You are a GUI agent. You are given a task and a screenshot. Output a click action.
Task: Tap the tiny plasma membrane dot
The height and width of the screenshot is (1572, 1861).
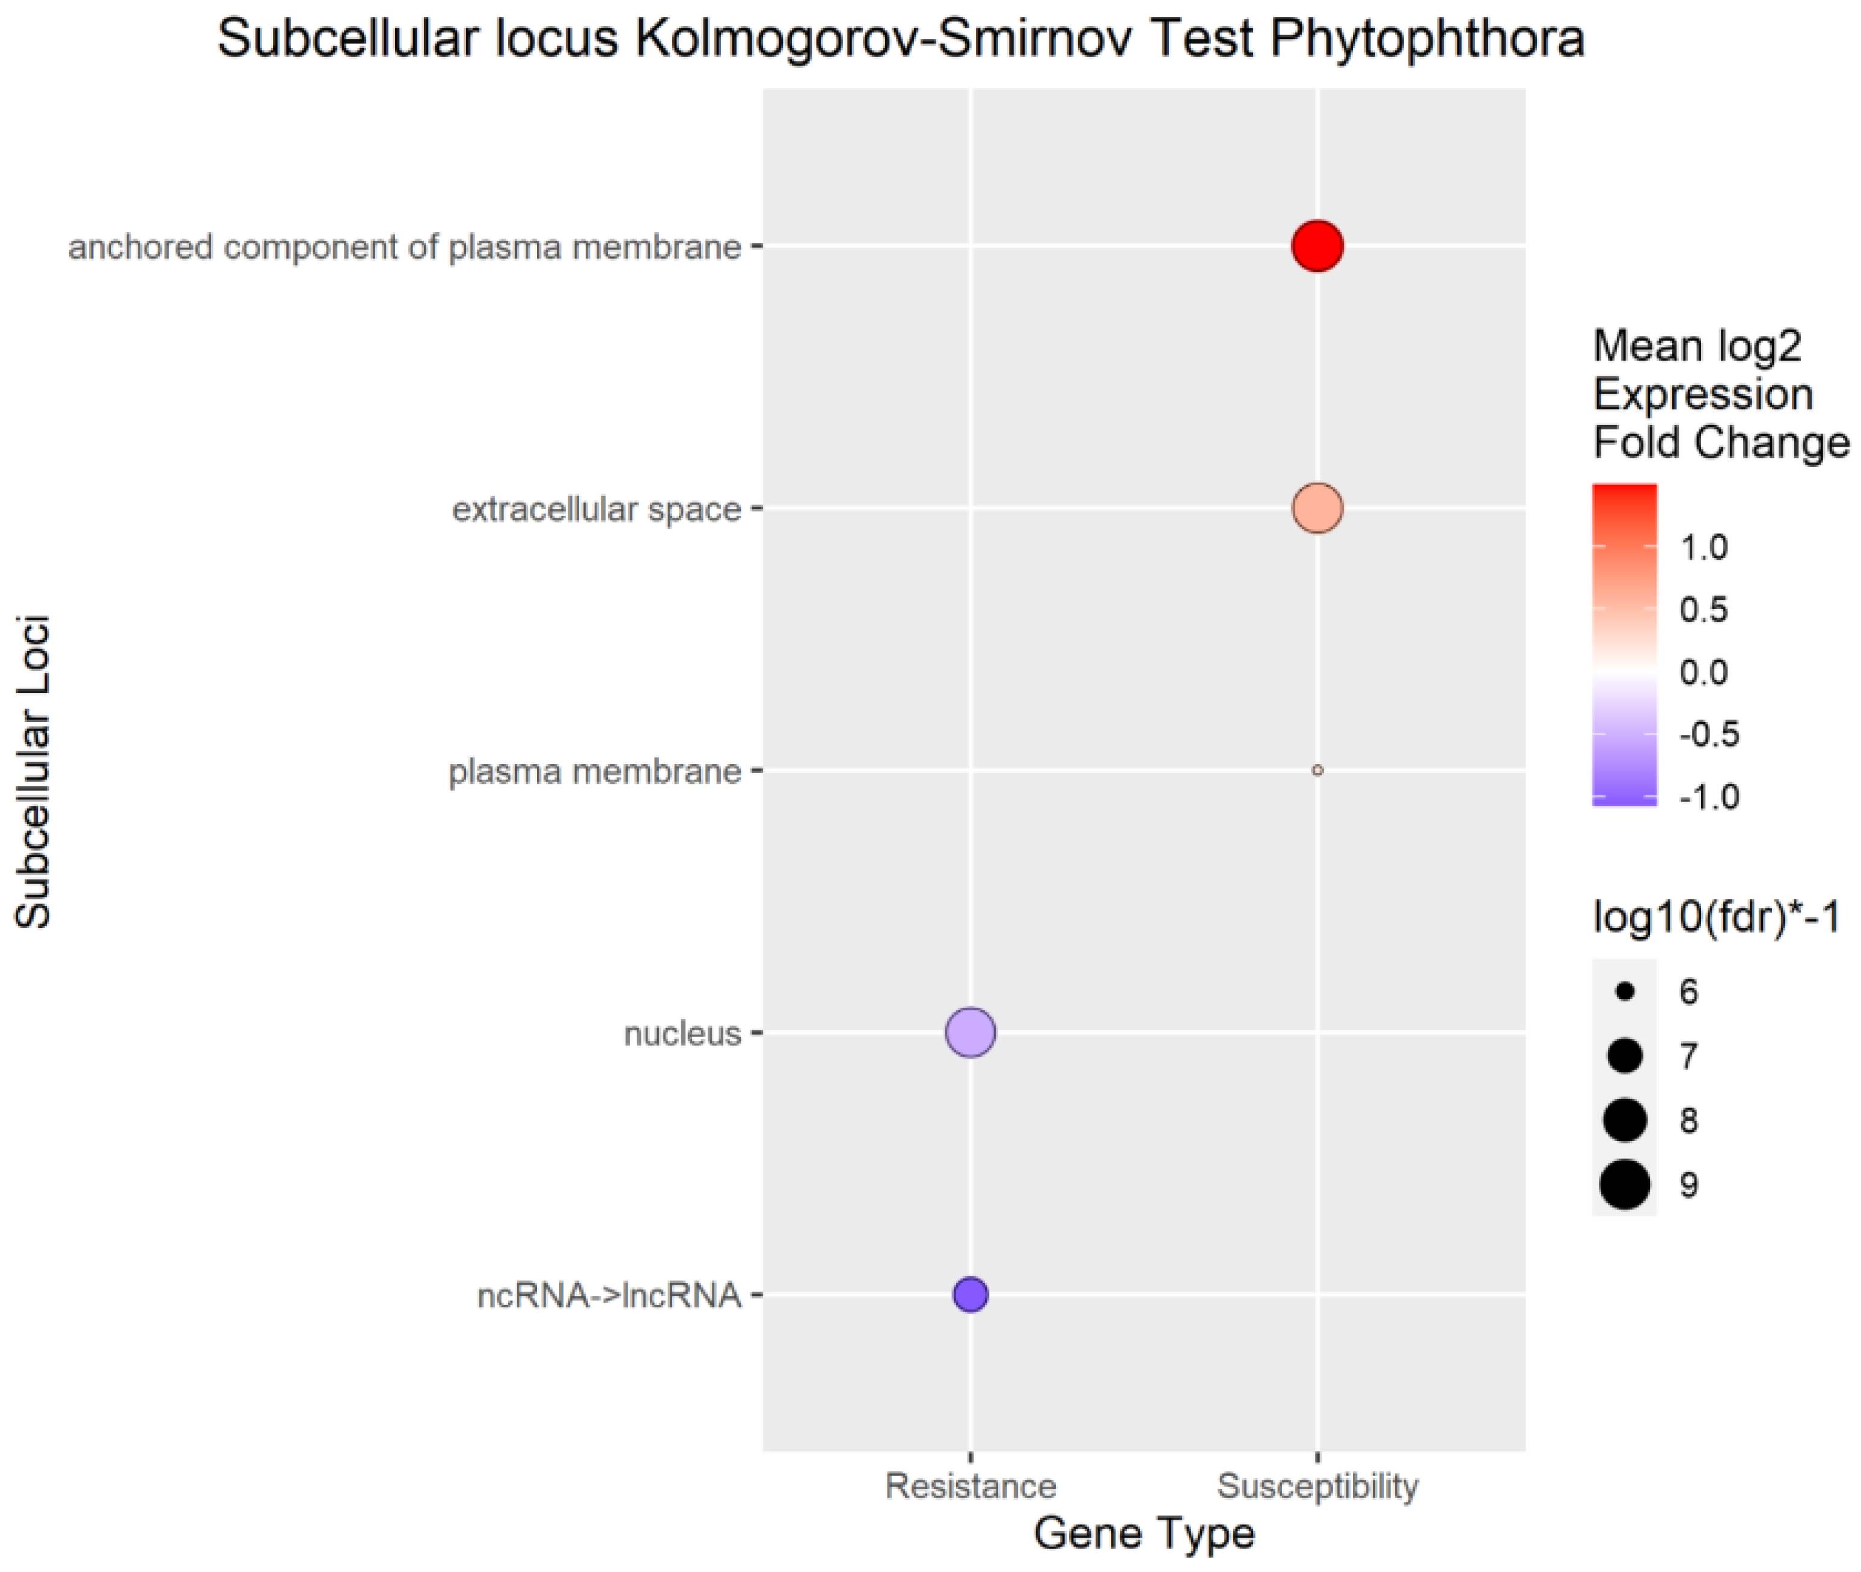[1317, 770]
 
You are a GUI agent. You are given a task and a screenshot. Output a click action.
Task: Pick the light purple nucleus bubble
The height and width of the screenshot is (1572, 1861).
[970, 1033]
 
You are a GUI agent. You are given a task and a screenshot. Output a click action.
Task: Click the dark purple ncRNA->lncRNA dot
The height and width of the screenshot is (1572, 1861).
[970, 1295]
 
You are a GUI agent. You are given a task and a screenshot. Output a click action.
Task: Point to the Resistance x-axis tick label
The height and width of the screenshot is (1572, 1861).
[970, 1485]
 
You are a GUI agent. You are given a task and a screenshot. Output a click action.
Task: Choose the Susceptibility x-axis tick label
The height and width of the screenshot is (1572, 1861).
[1317, 1485]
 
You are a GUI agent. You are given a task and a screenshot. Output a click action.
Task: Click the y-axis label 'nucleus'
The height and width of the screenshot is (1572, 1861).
[682, 1034]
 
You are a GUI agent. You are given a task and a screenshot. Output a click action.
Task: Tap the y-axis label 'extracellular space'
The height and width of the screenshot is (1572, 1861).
[596, 509]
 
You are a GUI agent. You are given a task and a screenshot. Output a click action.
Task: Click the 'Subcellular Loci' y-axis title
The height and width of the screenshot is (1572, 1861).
[34, 772]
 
